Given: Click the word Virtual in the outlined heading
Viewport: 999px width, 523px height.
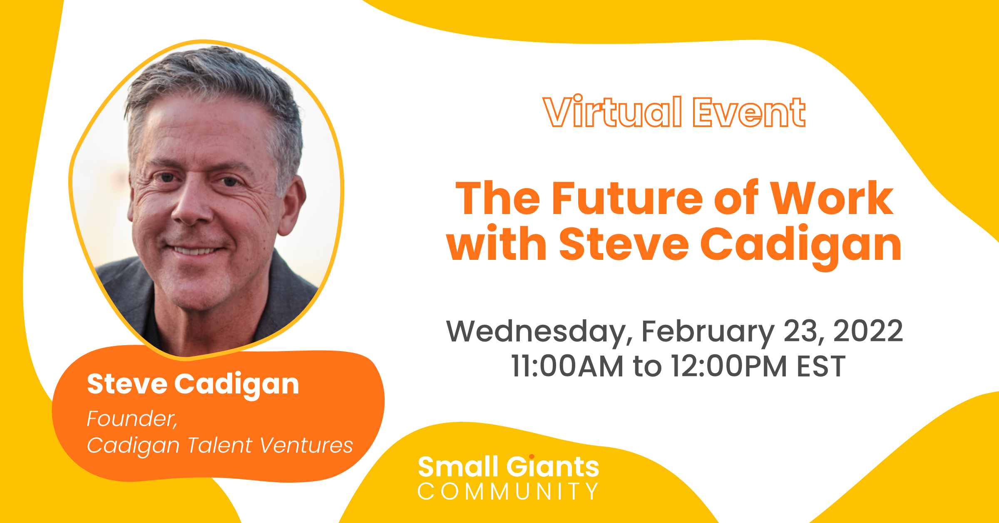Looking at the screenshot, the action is click(x=613, y=111).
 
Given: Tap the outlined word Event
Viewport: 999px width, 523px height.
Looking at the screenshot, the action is click(x=749, y=112).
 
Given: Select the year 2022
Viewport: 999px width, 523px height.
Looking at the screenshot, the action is click(x=868, y=331).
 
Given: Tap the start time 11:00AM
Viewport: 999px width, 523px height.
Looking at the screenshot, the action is click(x=567, y=366).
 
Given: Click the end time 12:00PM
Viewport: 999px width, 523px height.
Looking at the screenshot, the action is click(x=729, y=366).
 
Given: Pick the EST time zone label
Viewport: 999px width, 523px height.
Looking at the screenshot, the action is click(x=821, y=366).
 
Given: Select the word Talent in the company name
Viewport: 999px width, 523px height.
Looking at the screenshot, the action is click(x=220, y=445).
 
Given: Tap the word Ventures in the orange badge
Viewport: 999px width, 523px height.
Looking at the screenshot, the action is click(x=306, y=445).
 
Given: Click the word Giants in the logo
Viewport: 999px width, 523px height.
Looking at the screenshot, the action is click(x=553, y=466).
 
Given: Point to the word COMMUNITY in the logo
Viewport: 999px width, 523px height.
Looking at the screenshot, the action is click(x=508, y=491).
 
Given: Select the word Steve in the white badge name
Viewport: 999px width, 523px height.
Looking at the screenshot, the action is click(x=127, y=384).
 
